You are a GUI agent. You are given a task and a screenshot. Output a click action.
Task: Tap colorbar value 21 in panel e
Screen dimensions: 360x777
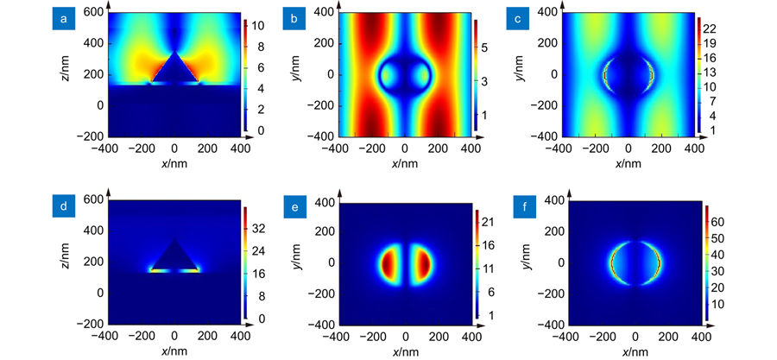[488, 222]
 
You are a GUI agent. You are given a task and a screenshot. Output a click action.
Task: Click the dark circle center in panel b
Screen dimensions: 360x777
[405, 74]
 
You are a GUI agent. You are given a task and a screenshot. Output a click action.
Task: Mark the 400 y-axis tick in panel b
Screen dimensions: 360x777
[323, 12]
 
